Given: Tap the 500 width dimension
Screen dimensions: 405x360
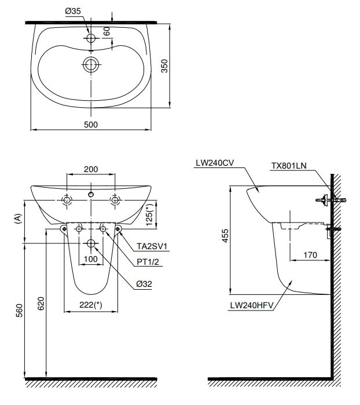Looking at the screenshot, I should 90,124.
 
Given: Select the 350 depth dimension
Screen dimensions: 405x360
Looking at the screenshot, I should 164,67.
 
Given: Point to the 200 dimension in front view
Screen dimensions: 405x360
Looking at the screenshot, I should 90,169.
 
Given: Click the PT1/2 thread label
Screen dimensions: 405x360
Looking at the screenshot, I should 148,261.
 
